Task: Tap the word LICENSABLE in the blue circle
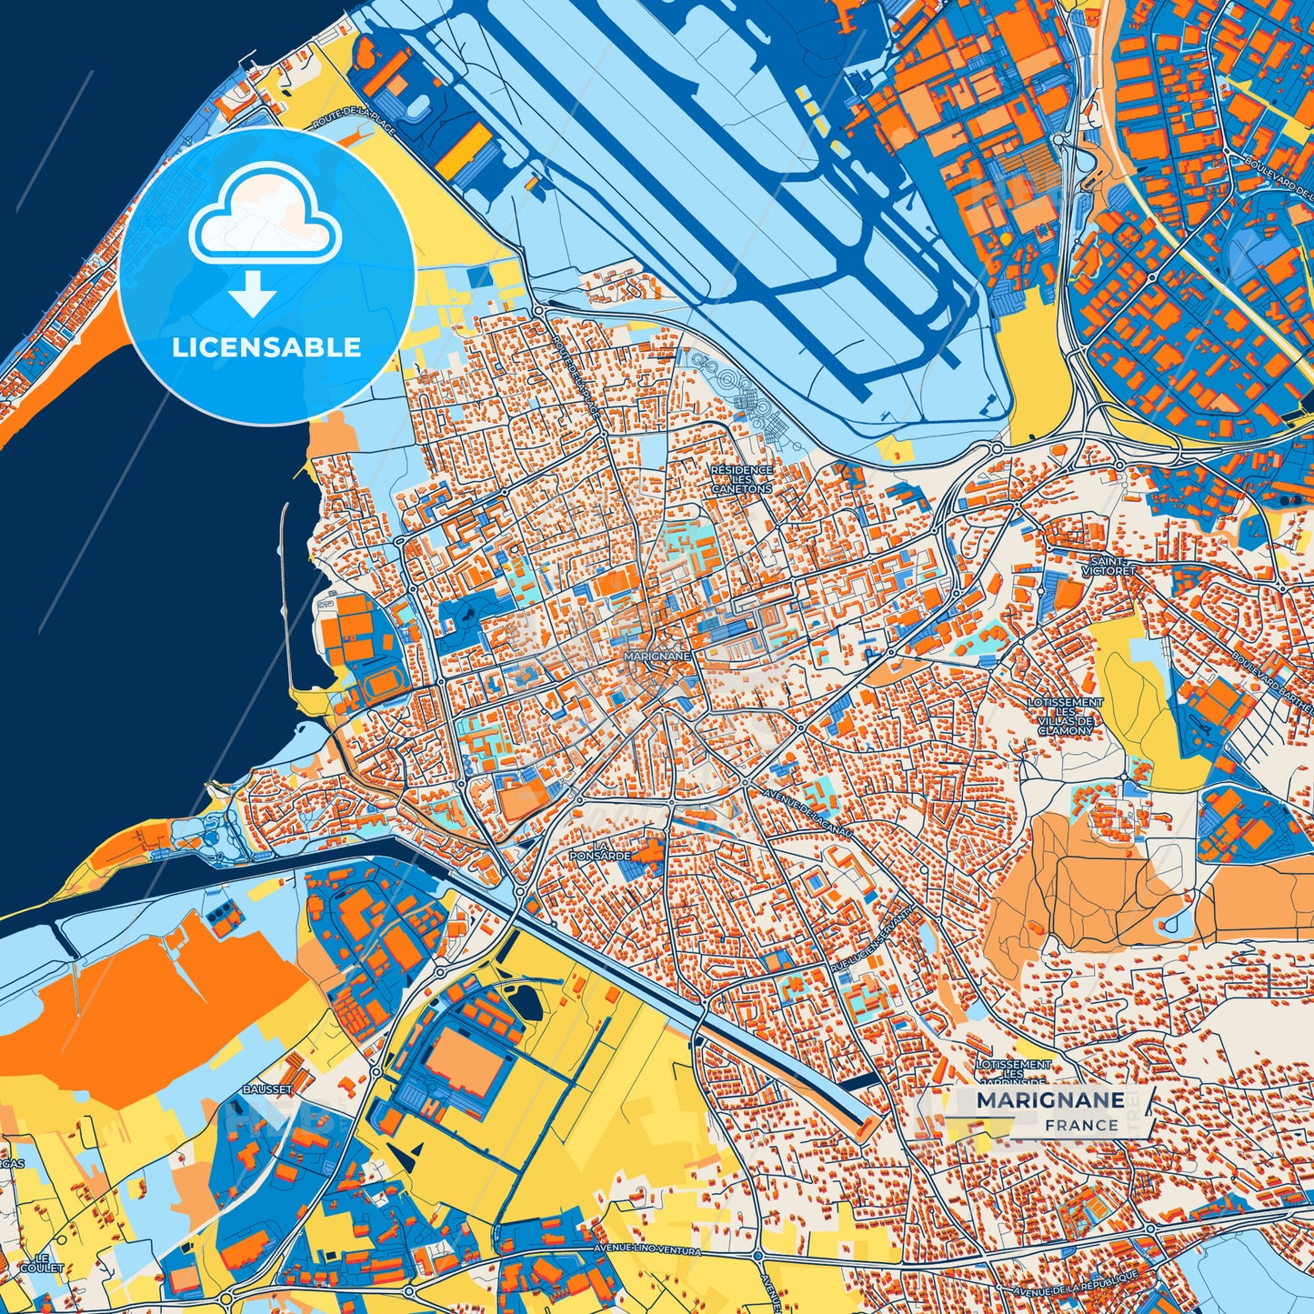pos(267,347)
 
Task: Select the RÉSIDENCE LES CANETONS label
pos(742,479)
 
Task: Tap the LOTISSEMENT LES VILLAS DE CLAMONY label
pos(1065,717)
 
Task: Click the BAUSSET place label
pos(267,1088)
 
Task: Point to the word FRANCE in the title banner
pos(1081,1125)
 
